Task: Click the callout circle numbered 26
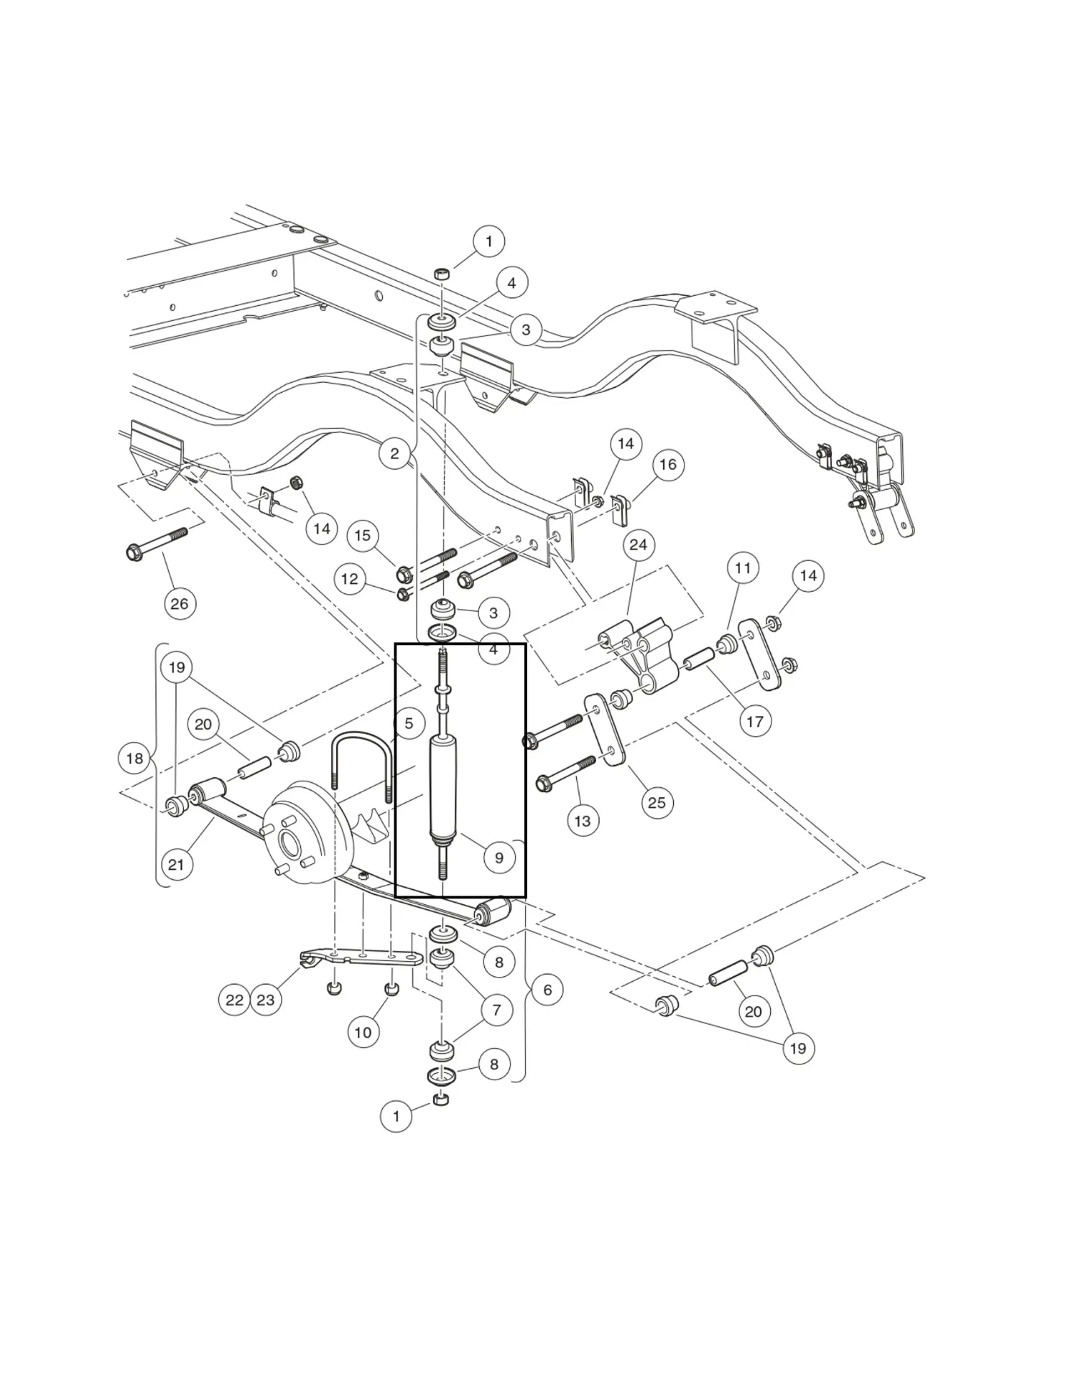[x=180, y=603]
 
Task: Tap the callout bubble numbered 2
[x=395, y=453]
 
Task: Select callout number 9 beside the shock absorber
[x=499, y=857]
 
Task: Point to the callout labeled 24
[x=638, y=545]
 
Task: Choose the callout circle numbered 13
[x=583, y=820]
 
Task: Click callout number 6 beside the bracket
[x=547, y=990]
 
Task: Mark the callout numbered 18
[x=135, y=758]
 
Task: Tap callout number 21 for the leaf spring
[x=177, y=865]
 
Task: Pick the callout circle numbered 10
[x=363, y=1032]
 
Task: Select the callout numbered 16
[x=668, y=464]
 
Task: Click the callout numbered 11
[x=743, y=568]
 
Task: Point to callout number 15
[x=363, y=535]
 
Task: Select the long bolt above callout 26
[x=158, y=543]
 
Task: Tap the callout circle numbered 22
[x=235, y=1000]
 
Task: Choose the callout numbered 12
[x=350, y=579]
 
